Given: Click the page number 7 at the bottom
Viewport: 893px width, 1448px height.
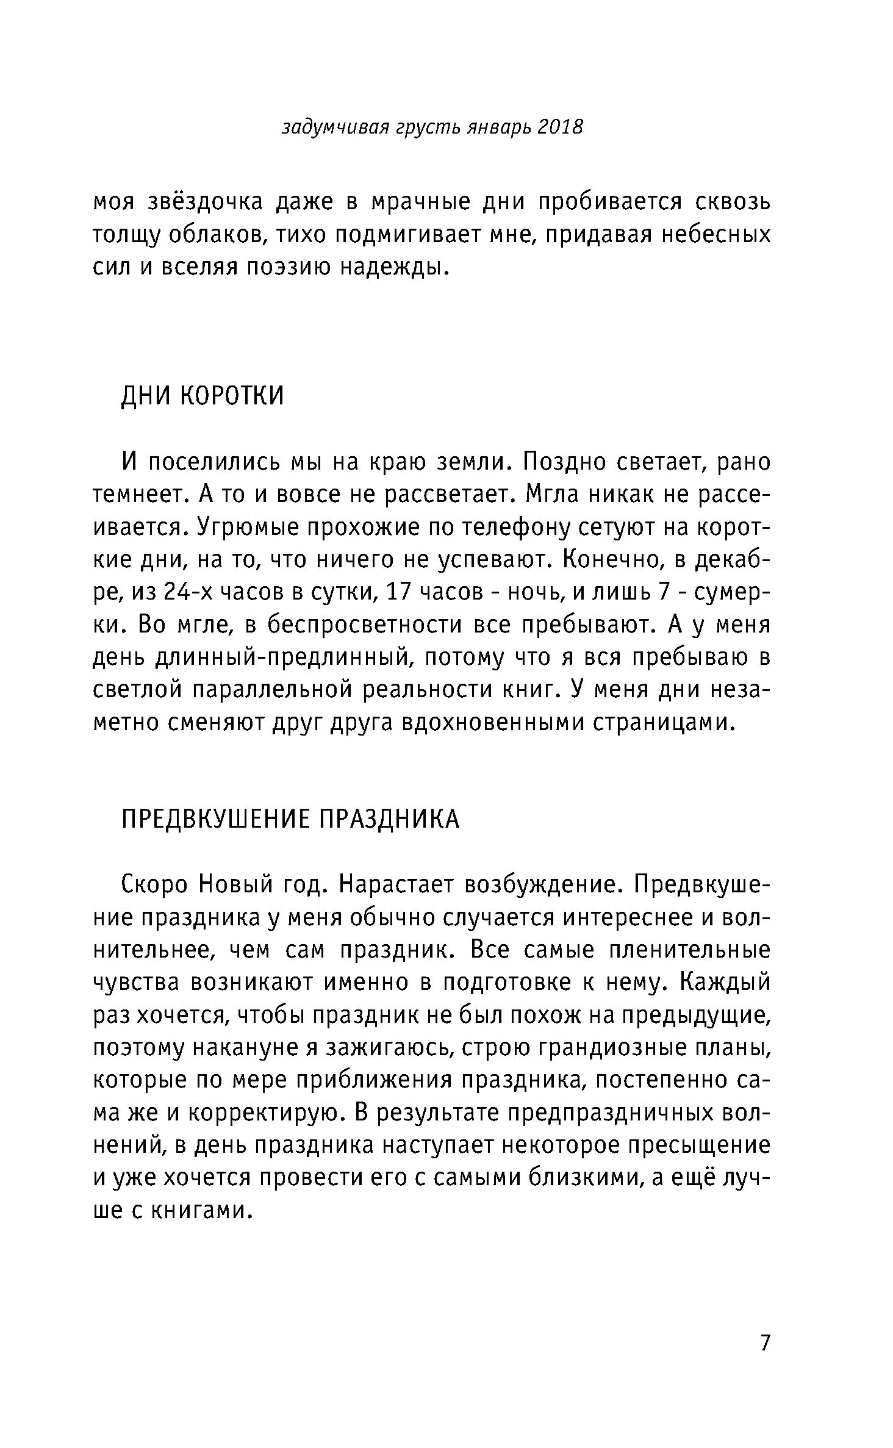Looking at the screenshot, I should [766, 1342].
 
